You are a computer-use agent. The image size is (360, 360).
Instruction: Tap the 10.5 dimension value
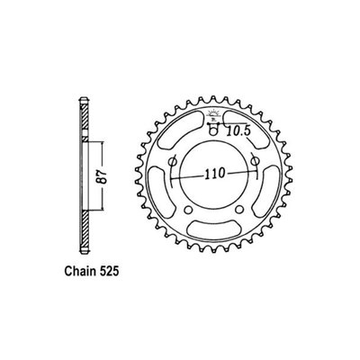tap(238, 130)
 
